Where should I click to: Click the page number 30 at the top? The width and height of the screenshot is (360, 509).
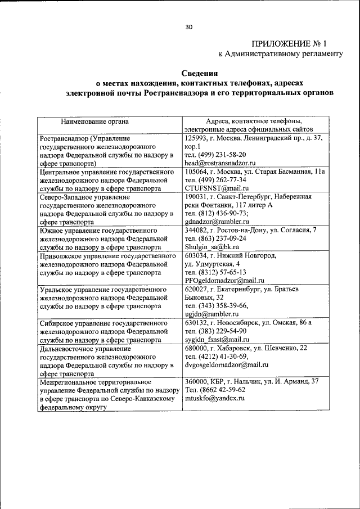188,26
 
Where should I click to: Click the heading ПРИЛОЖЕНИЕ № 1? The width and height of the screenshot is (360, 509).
297,43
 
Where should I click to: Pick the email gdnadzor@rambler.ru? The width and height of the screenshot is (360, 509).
217,222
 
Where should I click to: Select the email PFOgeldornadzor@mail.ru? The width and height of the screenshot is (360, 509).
224,281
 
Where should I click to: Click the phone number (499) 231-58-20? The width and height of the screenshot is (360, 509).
223,154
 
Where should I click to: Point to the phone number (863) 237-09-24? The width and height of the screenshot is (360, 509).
223,238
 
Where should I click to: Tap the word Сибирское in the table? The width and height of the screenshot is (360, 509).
59,324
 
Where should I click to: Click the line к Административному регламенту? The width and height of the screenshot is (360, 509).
280,54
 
